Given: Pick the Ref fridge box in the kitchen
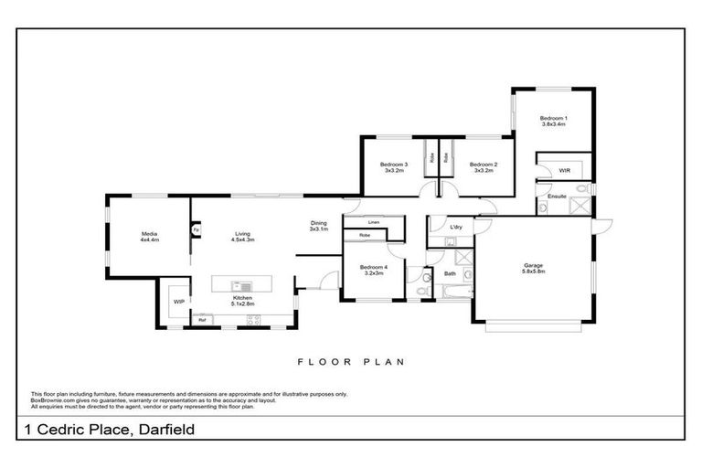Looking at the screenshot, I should [202, 319].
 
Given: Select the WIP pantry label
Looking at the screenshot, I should [179, 301].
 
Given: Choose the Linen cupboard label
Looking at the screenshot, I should [373, 222].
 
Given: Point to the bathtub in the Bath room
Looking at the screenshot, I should [452, 292].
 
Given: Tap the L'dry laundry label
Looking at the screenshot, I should [455, 226].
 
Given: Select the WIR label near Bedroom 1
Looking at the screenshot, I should [565, 171].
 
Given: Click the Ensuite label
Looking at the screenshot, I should [557, 197].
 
